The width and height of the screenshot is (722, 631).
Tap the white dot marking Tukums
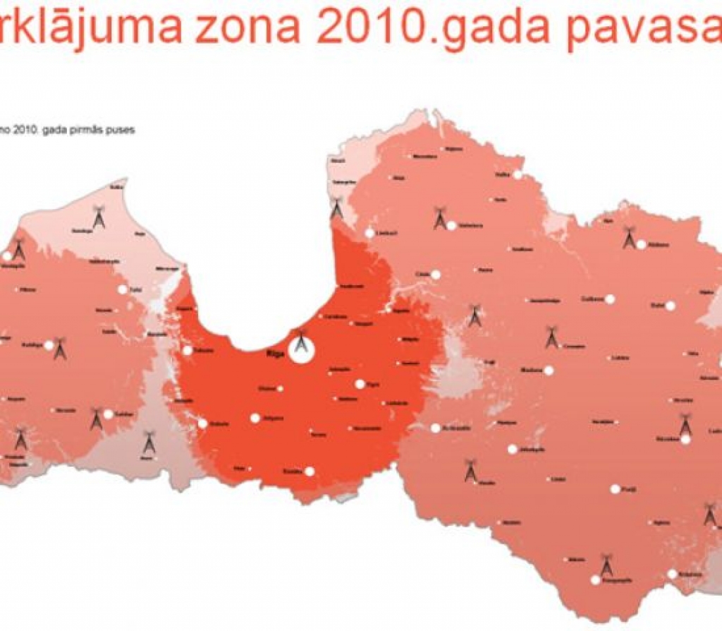[x=188, y=350]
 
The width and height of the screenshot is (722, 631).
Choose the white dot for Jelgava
[x=255, y=418]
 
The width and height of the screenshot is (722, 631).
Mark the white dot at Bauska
[x=309, y=471]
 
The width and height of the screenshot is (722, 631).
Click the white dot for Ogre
[x=360, y=384]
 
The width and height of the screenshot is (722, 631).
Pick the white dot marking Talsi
[x=123, y=289]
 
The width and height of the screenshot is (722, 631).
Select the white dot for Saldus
[x=109, y=414]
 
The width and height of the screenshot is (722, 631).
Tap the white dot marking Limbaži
[x=369, y=233]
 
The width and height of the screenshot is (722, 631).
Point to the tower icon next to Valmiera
[x=439, y=217]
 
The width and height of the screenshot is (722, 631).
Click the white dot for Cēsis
[x=436, y=274]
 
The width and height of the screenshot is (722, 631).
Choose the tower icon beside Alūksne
[x=629, y=238]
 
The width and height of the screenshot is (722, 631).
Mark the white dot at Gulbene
[x=610, y=299]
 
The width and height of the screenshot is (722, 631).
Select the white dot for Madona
[x=549, y=370]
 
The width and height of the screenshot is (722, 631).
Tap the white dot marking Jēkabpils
[x=511, y=448]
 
